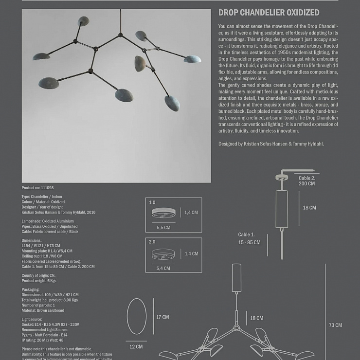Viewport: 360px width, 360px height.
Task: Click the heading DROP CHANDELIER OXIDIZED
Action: [x=269, y=13]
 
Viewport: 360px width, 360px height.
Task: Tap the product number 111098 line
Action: [x=37, y=188]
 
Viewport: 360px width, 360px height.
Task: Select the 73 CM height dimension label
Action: [x=335, y=325]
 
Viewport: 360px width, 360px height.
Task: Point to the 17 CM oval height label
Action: [x=162, y=317]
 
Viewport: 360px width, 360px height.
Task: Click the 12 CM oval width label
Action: [x=136, y=347]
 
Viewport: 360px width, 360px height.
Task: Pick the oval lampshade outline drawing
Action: [x=137, y=316]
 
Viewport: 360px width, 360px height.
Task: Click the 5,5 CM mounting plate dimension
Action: [x=163, y=227]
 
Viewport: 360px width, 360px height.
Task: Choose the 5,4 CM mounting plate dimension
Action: [x=163, y=268]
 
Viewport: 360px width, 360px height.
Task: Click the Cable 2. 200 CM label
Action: [x=306, y=181]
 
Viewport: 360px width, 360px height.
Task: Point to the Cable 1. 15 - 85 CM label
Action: [x=249, y=238]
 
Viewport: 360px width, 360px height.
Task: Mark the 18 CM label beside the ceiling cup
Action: [x=309, y=208]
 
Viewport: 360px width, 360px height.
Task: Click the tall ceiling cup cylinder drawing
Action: [x=282, y=209]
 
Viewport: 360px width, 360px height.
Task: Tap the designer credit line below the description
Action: [x=271, y=144]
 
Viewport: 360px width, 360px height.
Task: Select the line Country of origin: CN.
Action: [x=38, y=275]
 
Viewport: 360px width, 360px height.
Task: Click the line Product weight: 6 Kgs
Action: [x=39, y=281]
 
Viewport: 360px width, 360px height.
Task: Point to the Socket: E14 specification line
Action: [x=50, y=324]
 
